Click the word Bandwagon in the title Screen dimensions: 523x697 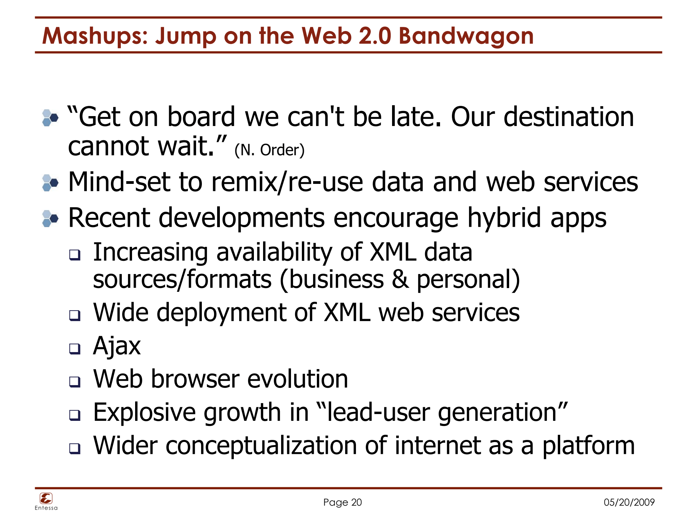click(x=466, y=36)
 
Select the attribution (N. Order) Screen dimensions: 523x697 click(x=269, y=150)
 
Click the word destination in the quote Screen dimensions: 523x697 click(x=568, y=117)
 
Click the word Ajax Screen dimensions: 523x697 click(x=117, y=346)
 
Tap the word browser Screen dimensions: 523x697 click(x=195, y=379)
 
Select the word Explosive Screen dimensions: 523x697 click(x=144, y=412)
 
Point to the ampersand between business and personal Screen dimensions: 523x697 click(x=400, y=279)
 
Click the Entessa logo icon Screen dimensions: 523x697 click(x=46, y=498)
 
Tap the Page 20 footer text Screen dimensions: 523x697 click(x=342, y=502)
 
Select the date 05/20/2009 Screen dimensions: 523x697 click(x=629, y=502)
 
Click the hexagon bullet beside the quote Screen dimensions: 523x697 click(x=50, y=118)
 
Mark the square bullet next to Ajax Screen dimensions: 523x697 click(x=75, y=348)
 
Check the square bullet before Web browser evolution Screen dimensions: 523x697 click(x=75, y=382)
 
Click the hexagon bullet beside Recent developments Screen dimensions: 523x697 click(x=50, y=218)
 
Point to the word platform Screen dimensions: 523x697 click(x=588, y=445)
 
